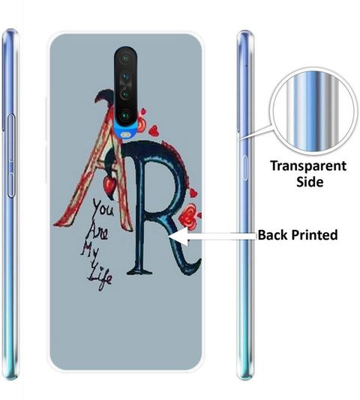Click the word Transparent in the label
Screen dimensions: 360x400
coord(308,166)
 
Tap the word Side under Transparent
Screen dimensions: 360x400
coord(310,182)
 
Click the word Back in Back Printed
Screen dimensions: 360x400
coord(272,234)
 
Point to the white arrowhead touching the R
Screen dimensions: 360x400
coord(178,237)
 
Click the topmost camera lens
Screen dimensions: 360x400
coord(125,58)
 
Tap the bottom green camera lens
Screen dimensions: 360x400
coord(125,116)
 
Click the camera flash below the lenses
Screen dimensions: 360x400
coord(125,134)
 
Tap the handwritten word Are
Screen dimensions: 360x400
coord(97,231)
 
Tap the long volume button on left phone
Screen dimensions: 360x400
coord(11,156)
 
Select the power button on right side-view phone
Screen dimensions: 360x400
coord(245,168)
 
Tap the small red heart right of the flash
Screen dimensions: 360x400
coord(154,130)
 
